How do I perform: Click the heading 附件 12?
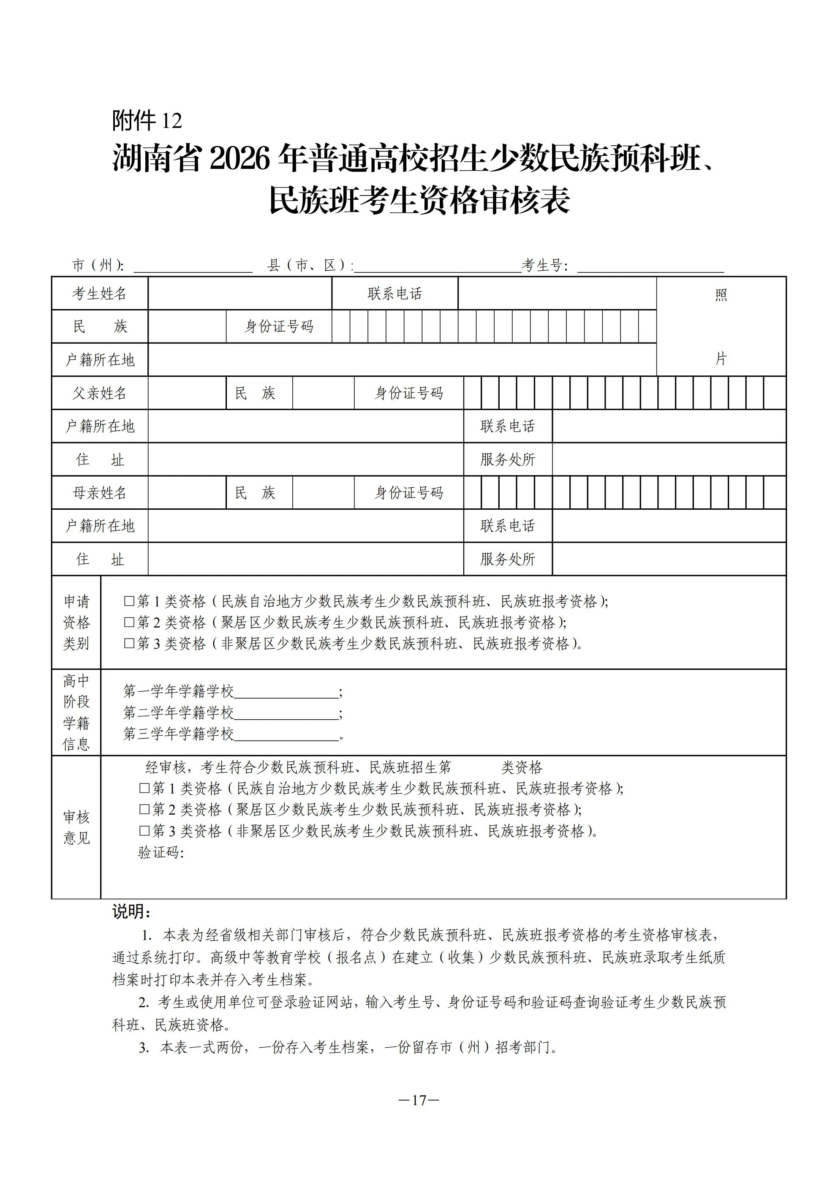click(x=147, y=121)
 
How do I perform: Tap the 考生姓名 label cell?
click(x=99, y=294)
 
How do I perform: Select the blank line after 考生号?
click(x=650, y=267)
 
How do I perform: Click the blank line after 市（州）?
click(x=193, y=267)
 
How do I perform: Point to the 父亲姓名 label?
click(x=99, y=393)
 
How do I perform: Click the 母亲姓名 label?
click(x=99, y=493)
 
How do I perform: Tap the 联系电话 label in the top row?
click(x=395, y=294)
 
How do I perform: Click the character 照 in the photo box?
click(x=721, y=295)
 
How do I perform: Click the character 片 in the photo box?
click(x=721, y=359)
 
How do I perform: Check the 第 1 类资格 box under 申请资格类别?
click(x=129, y=601)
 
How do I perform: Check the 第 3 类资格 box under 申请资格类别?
click(x=129, y=644)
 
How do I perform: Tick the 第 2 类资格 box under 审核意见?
click(x=144, y=809)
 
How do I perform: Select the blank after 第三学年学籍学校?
click(x=286, y=735)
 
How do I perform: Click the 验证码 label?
click(x=161, y=852)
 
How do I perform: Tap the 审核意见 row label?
click(x=76, y=827)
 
